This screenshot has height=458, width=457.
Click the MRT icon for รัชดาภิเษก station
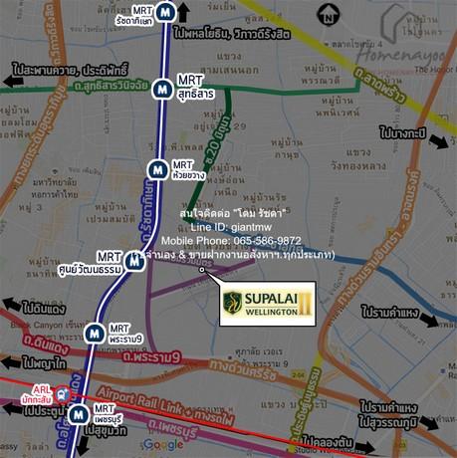click(x=175, y=13)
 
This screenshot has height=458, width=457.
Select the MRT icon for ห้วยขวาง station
click(x=155, y=169)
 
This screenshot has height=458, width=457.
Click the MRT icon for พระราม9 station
click(x=94, y=334)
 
